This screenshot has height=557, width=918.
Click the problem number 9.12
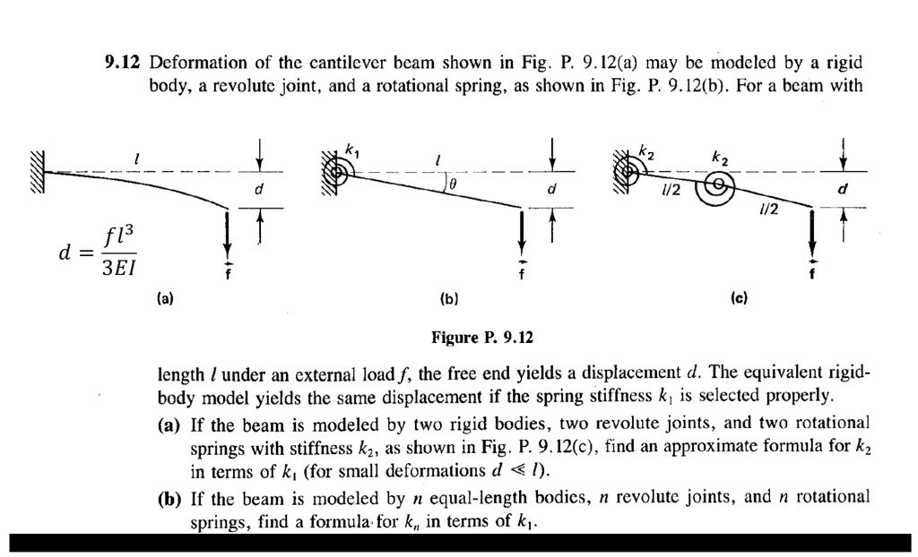[125, 63]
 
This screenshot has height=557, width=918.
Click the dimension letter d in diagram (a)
[259, 189]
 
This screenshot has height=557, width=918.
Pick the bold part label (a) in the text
[171, 422]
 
